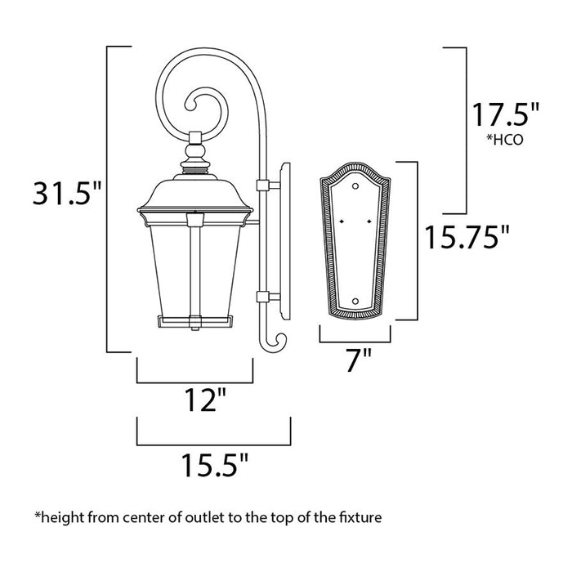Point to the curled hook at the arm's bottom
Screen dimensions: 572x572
coord(275,342)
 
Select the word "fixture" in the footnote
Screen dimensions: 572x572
coord(360,517)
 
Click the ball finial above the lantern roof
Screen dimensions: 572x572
coord(195,152)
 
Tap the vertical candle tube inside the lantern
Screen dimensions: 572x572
coord(195,270)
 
